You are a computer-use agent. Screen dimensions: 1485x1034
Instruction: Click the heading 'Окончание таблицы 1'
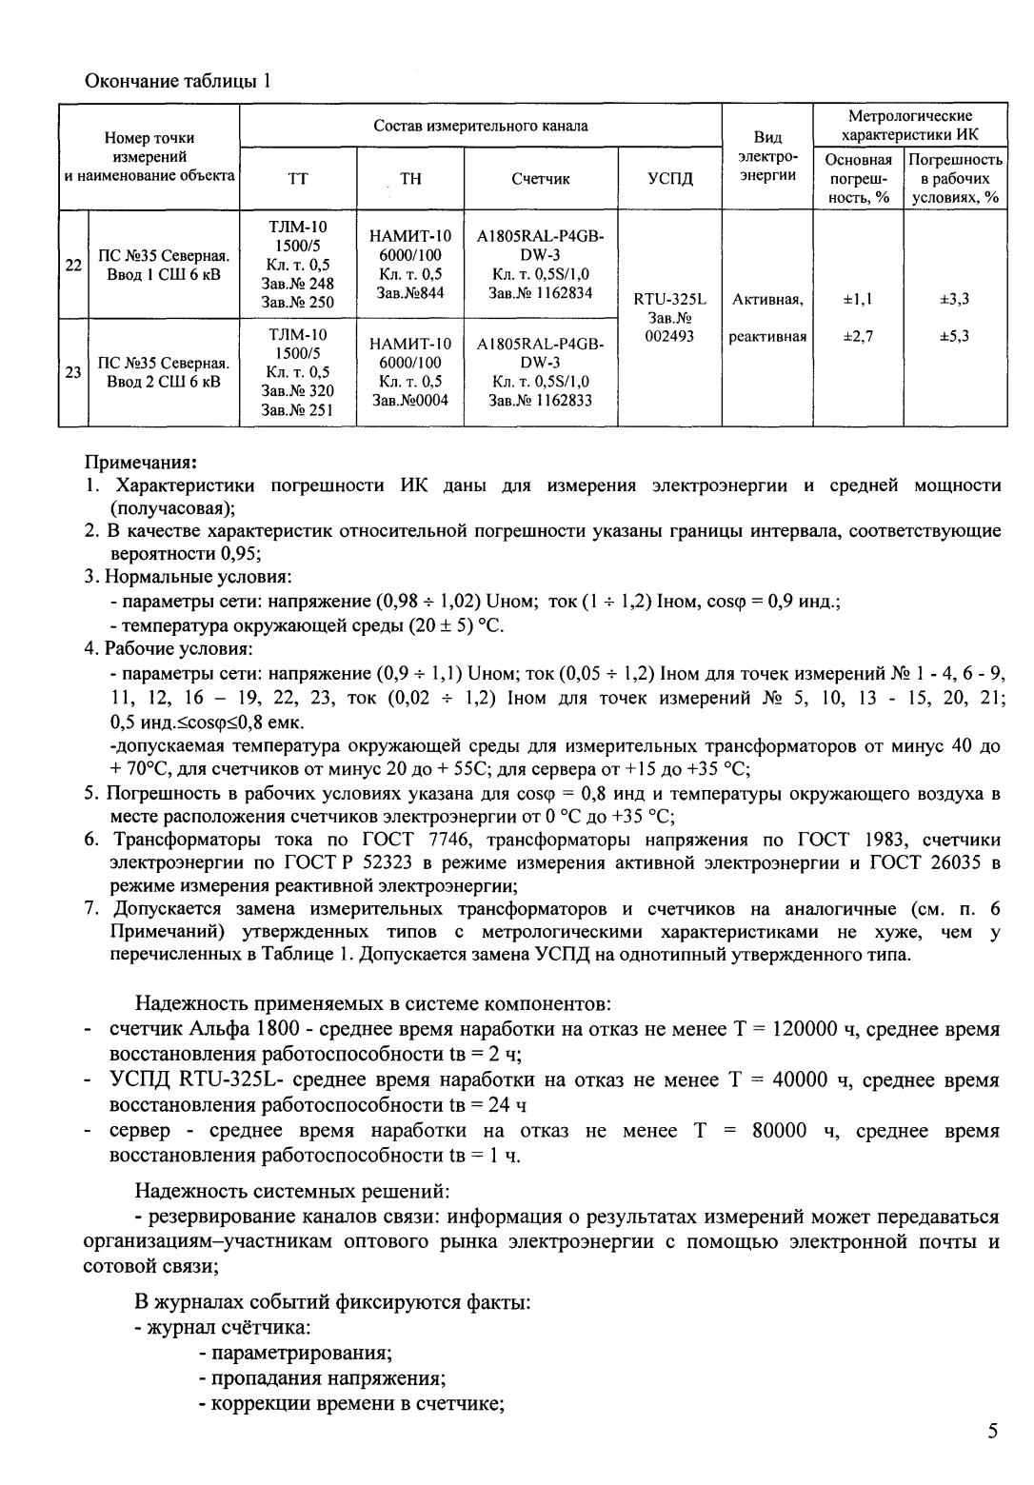tap(179, 80)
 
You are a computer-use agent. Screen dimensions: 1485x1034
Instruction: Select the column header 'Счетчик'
tap(540, 178)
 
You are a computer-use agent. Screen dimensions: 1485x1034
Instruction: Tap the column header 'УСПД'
tap(669, 178)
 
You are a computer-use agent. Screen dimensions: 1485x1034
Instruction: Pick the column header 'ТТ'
tap(297, 178)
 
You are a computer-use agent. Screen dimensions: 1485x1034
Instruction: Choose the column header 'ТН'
tap(410, 178)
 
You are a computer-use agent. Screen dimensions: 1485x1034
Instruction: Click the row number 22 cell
tap(72, 266)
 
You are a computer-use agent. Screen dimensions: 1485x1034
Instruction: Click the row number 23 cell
tap(72, 372)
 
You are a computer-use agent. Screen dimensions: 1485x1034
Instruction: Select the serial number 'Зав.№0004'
tap(410, 400)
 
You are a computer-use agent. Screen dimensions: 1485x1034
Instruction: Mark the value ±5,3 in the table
tap(954, 336)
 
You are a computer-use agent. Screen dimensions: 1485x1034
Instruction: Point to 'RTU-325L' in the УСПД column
tap(669, 299)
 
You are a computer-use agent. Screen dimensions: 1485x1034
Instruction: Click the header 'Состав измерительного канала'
tap(480, 126)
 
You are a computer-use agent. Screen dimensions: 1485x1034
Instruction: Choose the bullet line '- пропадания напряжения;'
tap(322, 1378)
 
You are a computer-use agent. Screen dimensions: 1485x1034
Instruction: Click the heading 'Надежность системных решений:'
tap(291, 1190)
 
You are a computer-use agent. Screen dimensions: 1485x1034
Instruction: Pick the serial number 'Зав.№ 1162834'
tap(540, 292)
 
